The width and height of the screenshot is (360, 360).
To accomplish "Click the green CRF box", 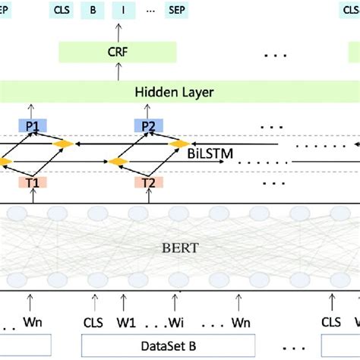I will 118,52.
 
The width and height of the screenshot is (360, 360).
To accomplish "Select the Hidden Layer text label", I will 174,92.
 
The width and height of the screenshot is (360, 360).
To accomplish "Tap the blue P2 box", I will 148,125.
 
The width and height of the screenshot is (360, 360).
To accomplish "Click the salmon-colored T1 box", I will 32,182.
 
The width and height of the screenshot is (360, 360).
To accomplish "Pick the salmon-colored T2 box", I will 149,182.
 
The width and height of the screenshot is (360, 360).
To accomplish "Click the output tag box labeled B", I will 93,11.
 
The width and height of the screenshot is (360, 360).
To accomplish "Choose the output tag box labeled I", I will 122,11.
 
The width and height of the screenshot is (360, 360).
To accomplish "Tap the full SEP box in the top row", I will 179,11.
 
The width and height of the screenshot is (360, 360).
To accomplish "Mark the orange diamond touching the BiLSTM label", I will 180,143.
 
